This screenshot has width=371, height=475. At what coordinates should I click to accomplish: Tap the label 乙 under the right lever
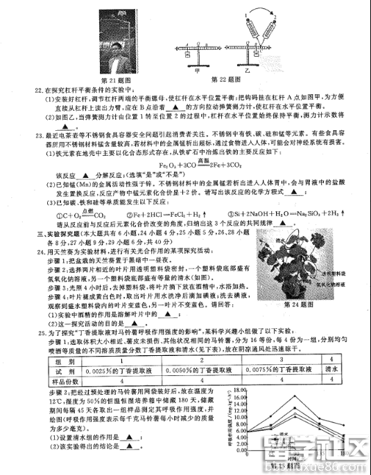264,69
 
